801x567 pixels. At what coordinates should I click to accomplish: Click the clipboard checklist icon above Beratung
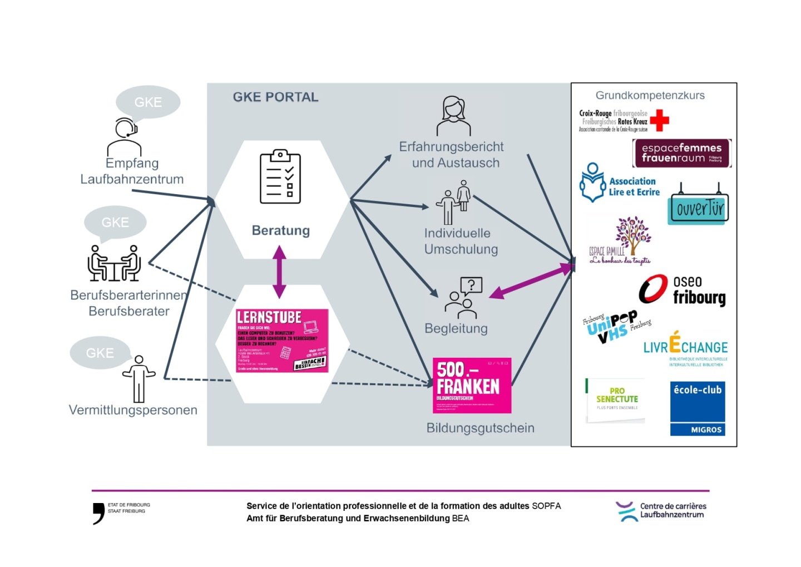coord(280,176)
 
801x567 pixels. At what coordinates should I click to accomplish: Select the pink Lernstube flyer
coord(282,341)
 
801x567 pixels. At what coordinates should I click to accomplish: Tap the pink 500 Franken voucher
coord(472,385)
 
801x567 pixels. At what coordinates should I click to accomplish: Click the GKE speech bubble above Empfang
coord(148,102)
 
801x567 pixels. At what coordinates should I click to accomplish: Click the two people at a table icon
coord(114,263)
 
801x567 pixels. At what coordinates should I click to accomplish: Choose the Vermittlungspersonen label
coord(133,410)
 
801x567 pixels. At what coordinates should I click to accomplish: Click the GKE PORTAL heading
coord(275,97)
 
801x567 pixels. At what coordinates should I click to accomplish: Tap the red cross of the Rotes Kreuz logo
coord(659,120)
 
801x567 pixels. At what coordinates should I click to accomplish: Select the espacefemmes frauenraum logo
coord(681,153)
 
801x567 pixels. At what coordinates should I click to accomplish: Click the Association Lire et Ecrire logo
coord(620,183)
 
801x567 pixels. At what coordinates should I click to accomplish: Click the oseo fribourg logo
coord(683,290)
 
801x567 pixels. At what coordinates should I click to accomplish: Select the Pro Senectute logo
coord(616,399)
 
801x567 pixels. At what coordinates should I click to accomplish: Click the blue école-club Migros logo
coord(697,408)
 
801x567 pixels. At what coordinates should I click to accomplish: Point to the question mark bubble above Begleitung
coord(471,285)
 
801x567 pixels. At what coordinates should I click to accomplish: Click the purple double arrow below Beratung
coord(279,272)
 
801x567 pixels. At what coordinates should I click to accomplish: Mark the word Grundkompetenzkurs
coord(650,95)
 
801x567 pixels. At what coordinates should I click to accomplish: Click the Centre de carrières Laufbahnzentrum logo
coord(661,511)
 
